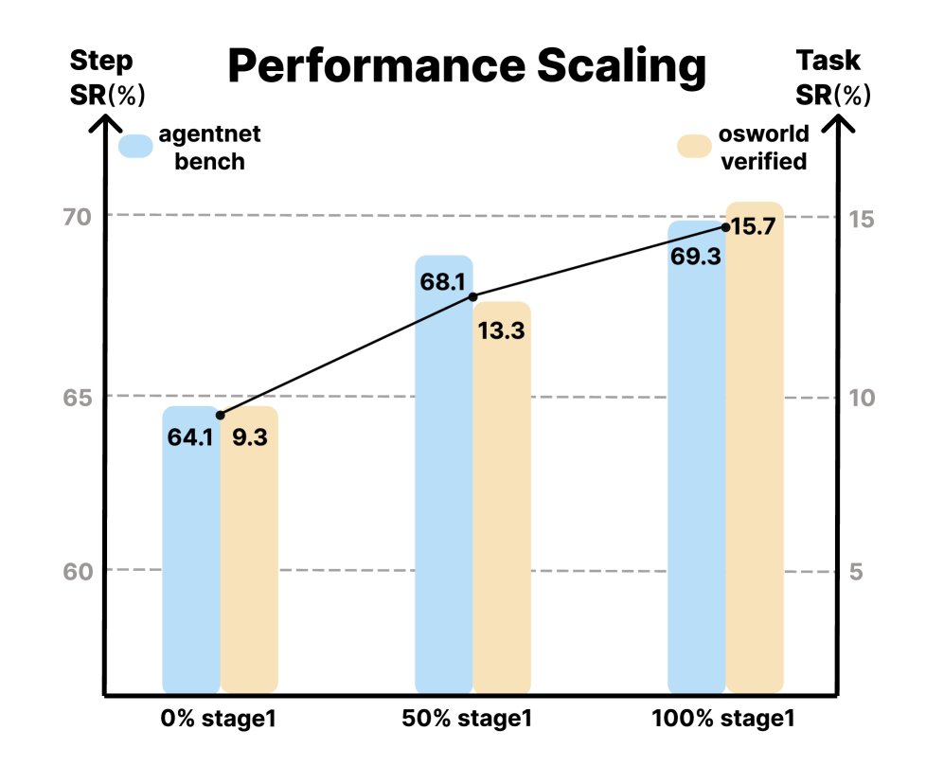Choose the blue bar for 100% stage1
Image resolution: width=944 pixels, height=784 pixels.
point(696,473)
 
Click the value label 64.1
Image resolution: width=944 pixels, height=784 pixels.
point(190,439)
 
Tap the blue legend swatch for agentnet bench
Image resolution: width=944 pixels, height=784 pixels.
point(135,147)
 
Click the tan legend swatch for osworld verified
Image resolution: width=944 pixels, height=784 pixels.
point(694,147)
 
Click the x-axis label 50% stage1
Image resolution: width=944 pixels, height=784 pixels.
point(469,719)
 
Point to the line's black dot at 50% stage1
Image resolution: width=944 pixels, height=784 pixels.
point(473,296)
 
